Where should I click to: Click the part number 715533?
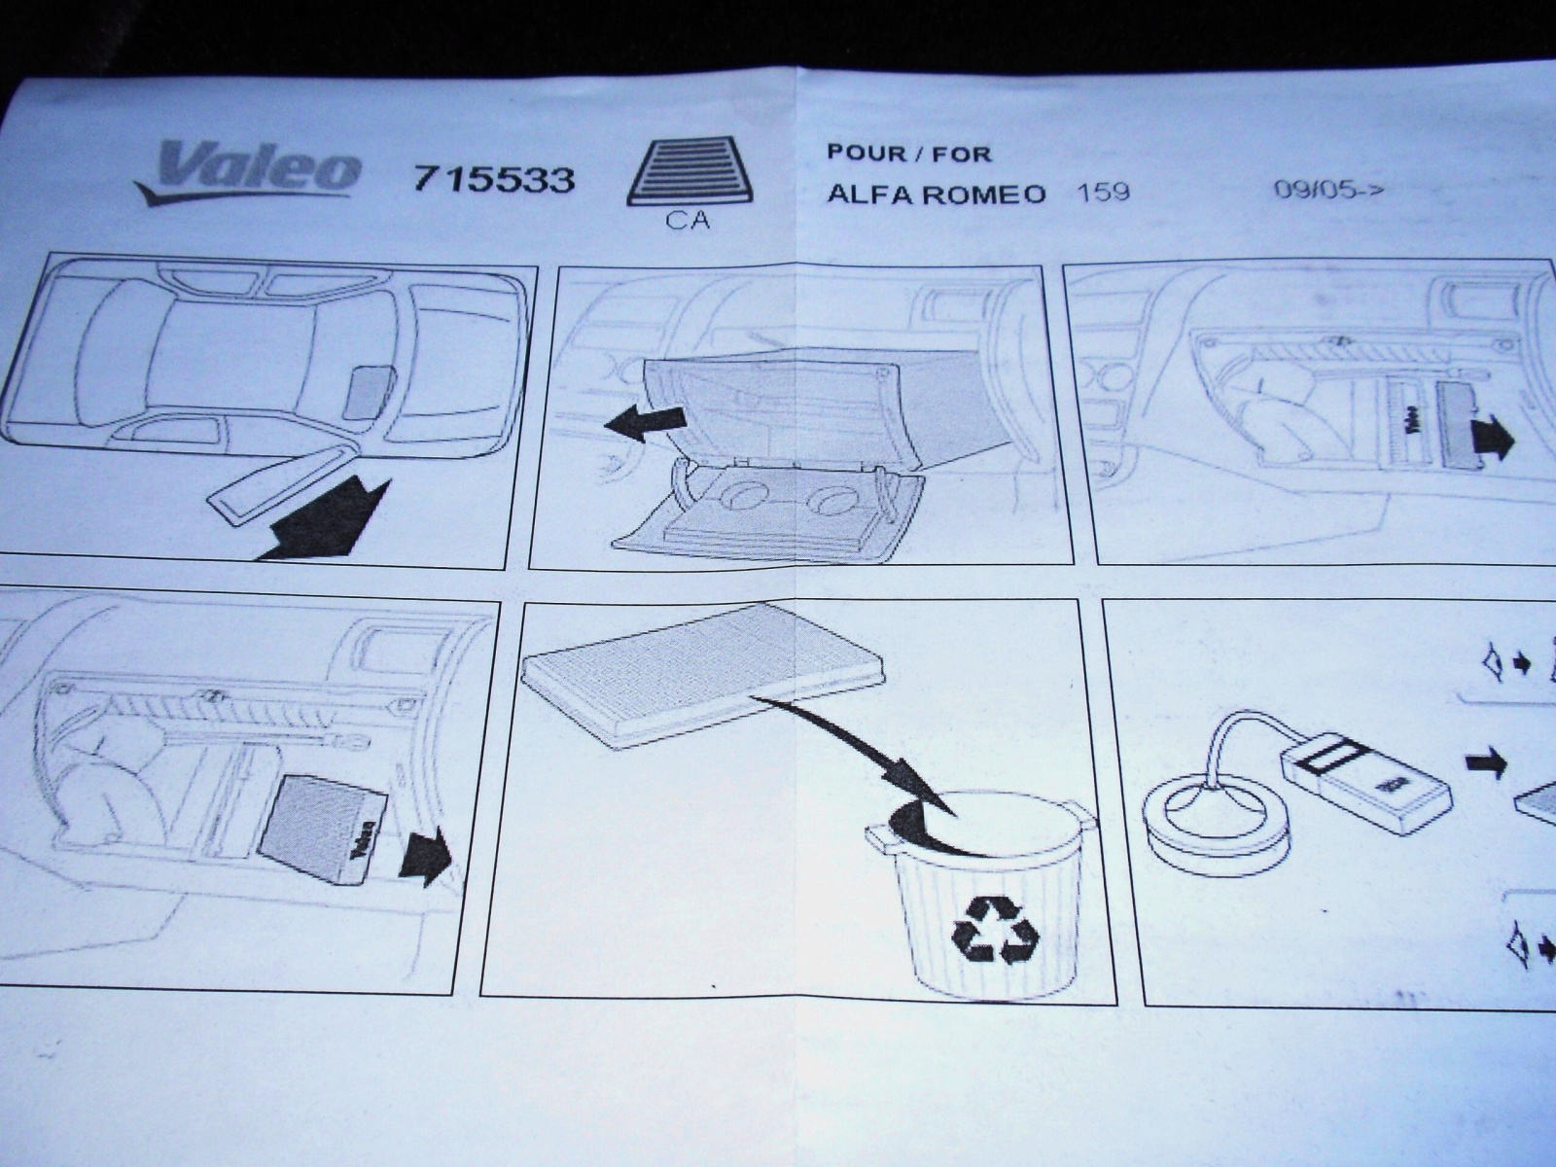pos(493,180)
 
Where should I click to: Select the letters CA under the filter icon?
pos(688,221)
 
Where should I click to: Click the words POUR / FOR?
pos(908,153)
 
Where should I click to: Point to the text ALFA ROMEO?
pos(936,194)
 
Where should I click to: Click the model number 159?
pos(1103,192)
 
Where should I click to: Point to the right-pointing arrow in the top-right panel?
pos(1491,440)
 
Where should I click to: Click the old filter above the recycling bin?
pos(702,673)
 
